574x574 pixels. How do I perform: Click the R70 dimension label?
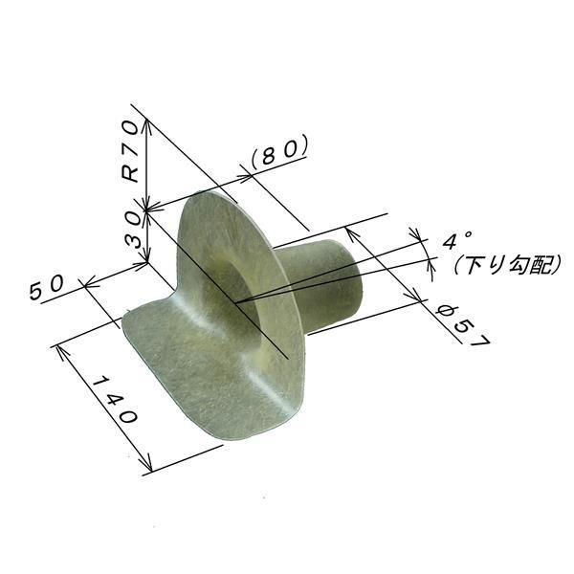point(131,151)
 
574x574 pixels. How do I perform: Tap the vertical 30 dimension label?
point(132,232)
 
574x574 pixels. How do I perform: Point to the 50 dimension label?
point(47,287)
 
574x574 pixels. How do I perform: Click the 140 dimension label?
point(115,400)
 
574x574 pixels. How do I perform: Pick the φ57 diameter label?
point(464,326)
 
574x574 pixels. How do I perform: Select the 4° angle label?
point(456,240)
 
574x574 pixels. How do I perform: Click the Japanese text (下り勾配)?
point(507,264)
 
